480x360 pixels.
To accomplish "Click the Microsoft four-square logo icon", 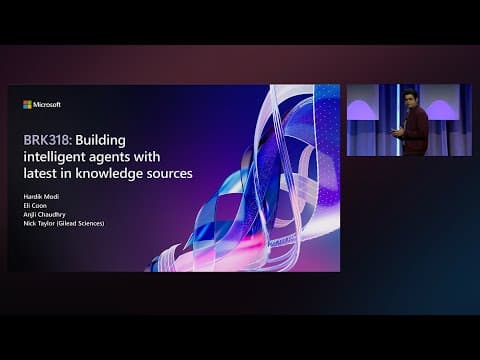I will point(27,104).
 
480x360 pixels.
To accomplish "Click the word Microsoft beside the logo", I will point(47,104).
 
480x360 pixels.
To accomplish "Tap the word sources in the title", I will point(169,173).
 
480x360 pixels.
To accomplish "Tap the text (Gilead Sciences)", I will point(84,222).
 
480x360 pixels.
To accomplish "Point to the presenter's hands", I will point(398,129).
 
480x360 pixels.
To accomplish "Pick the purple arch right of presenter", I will point(446,105).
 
